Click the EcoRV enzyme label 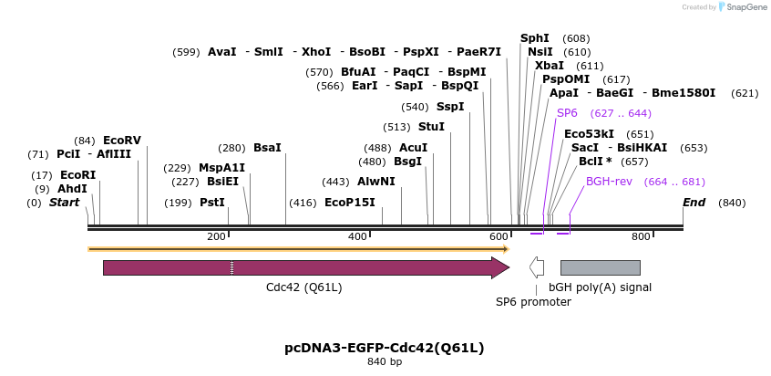click(x=122, y=140)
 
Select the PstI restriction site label click(x=212, y=203)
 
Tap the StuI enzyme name click(x=431, y=126)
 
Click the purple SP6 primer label click(x=567, y=113)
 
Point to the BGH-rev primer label click(x=609, y=182)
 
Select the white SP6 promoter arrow click(x=537, y=267)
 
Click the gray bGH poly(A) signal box click(x=600, y=267)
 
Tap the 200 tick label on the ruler click(x=216, y=237)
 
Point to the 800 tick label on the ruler click(x=641, y=237)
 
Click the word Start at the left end click(x=64, y=203)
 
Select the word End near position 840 click(x=694, y=203)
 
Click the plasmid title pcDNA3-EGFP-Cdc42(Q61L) click(x=384, y=348)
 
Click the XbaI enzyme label click(x=550, y=66)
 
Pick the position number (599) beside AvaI click(x=186, y=52)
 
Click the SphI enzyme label click(x=535, y=38)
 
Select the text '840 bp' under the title click(x=384, y=362)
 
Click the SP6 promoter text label click(x=533, y=301)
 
